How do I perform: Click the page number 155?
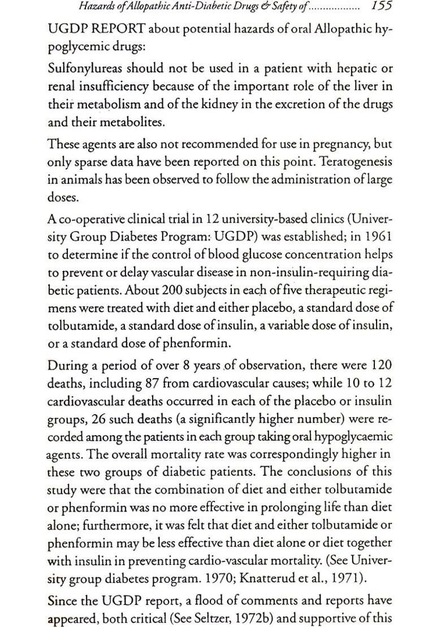pyautogui.click(x=382, y=7)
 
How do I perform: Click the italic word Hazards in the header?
pyautogui.click(x=99, y=7)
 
